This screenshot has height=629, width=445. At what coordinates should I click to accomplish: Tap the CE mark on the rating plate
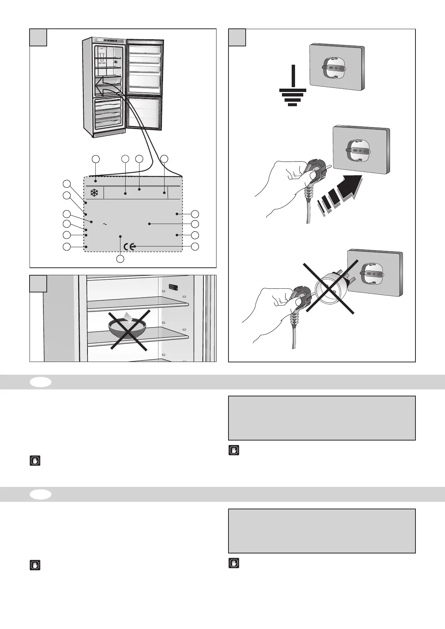tap(129, 246)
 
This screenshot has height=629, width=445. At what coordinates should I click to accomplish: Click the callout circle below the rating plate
tap(120, 259)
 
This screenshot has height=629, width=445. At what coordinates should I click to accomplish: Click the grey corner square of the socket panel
tap(237, 37)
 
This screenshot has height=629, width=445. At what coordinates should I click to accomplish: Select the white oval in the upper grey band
tap(41, 382)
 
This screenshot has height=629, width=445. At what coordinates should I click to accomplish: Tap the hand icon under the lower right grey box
tap(234, 563)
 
